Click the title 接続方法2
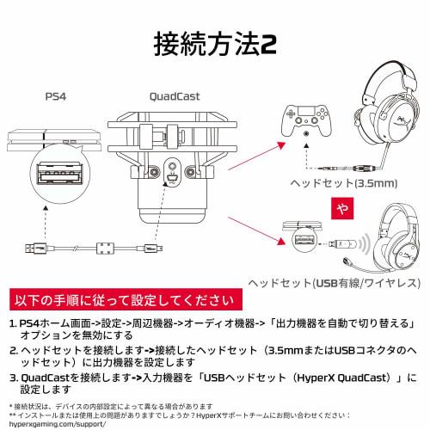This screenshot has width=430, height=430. [x=214, y=42]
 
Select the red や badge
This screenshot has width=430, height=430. [x=342, y=208]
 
